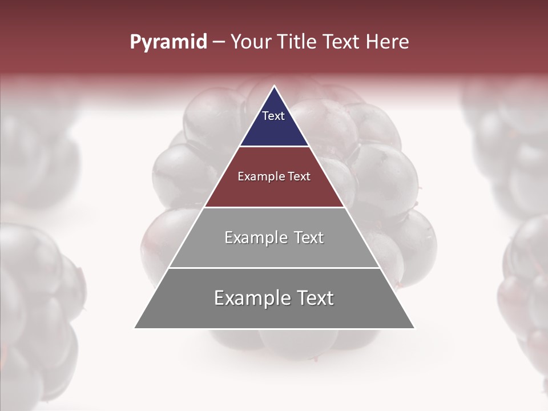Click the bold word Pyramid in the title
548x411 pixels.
coord(168,42)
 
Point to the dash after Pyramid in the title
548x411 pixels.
coord(219,43)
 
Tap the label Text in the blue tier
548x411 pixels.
coord(273,116)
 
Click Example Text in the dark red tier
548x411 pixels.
coord(274,176)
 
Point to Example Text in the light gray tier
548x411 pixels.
coord(274,237)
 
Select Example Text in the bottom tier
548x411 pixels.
coord(274,298)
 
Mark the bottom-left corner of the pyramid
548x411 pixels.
coord(135,328)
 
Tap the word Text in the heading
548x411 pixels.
coord(341,42)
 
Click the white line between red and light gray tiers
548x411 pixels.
coord(274,207)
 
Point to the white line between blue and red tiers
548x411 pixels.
coord(274,147)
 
